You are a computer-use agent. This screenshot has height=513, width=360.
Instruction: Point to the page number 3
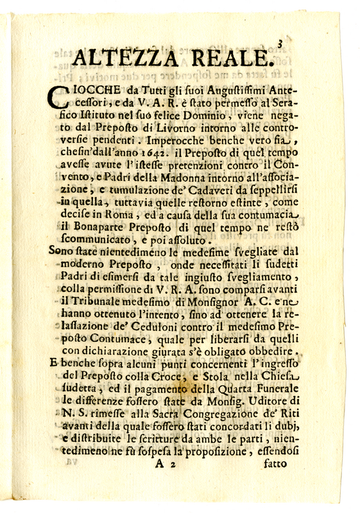280,43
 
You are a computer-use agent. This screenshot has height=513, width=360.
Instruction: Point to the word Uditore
269,403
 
